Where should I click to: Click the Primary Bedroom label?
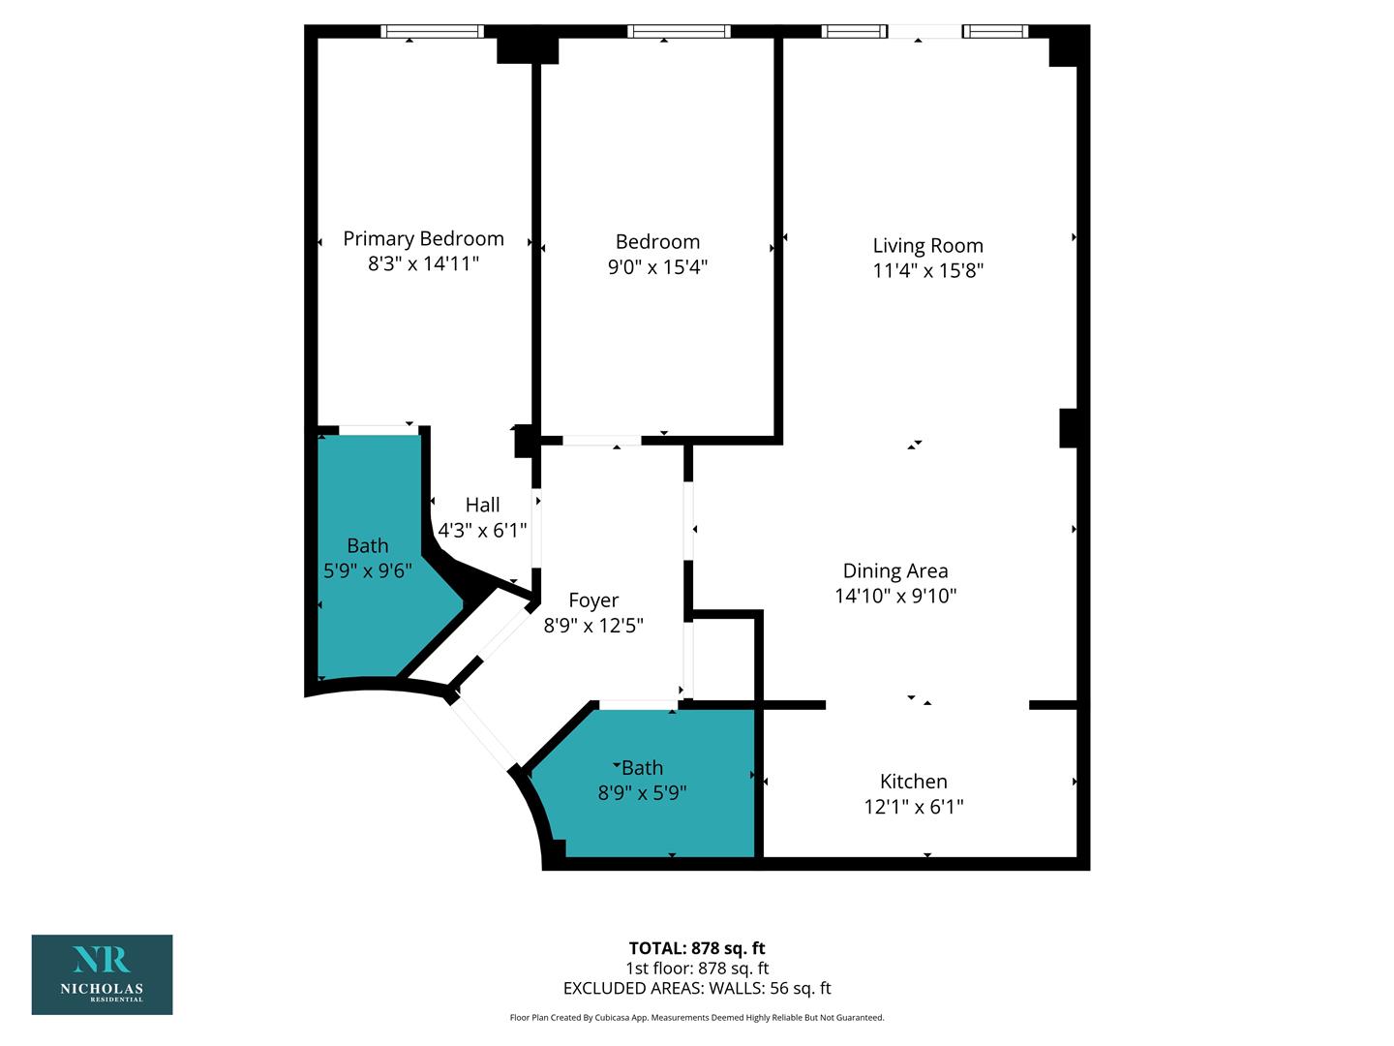click(423, 239)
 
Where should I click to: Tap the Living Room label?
click(927, 246)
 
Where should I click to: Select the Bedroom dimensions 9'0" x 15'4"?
click(657, 266)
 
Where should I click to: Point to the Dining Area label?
click(894, 571)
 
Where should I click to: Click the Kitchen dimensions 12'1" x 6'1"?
click(913, 807)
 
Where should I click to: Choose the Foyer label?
click(593, 600)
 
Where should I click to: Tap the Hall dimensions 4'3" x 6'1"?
click(482, 531)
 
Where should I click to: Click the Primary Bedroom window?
click(432, 31)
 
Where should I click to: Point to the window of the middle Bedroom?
click(679, 31)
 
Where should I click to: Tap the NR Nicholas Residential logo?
click(103, 974)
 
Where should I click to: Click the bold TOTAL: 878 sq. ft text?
click(697, 948)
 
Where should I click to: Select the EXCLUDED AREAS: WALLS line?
click(697, 988)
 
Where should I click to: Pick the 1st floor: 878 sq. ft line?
click(697, 969)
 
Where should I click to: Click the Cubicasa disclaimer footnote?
click(697, 1017)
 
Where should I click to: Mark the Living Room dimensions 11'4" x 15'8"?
click(927, 270)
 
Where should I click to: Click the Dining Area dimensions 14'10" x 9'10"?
click(894, 596)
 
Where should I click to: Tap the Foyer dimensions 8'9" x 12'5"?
click(593, 626)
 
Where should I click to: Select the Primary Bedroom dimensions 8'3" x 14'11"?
click(423, 263)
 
